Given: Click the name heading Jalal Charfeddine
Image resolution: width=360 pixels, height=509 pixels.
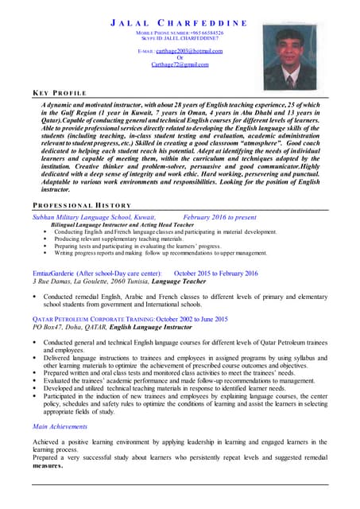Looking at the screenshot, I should [x=180, y=24].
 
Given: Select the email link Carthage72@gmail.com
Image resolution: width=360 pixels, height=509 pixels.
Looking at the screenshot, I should [x=180, y=64].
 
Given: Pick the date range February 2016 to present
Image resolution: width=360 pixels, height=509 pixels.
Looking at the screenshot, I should [x=219, y=216].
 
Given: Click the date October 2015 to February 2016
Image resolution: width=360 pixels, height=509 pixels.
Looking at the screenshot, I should [x=215, y=274].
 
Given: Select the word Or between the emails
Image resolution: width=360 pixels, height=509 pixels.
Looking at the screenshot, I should [x=180, y=57].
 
